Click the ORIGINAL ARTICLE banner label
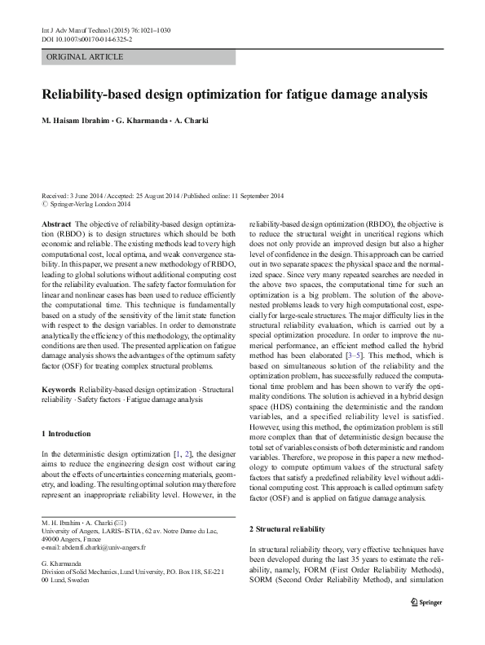click(x=85, y=57)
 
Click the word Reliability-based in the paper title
click(x=96, y=95)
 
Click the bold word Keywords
click(x=59, y=368)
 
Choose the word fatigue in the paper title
click(x=311, y=95)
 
